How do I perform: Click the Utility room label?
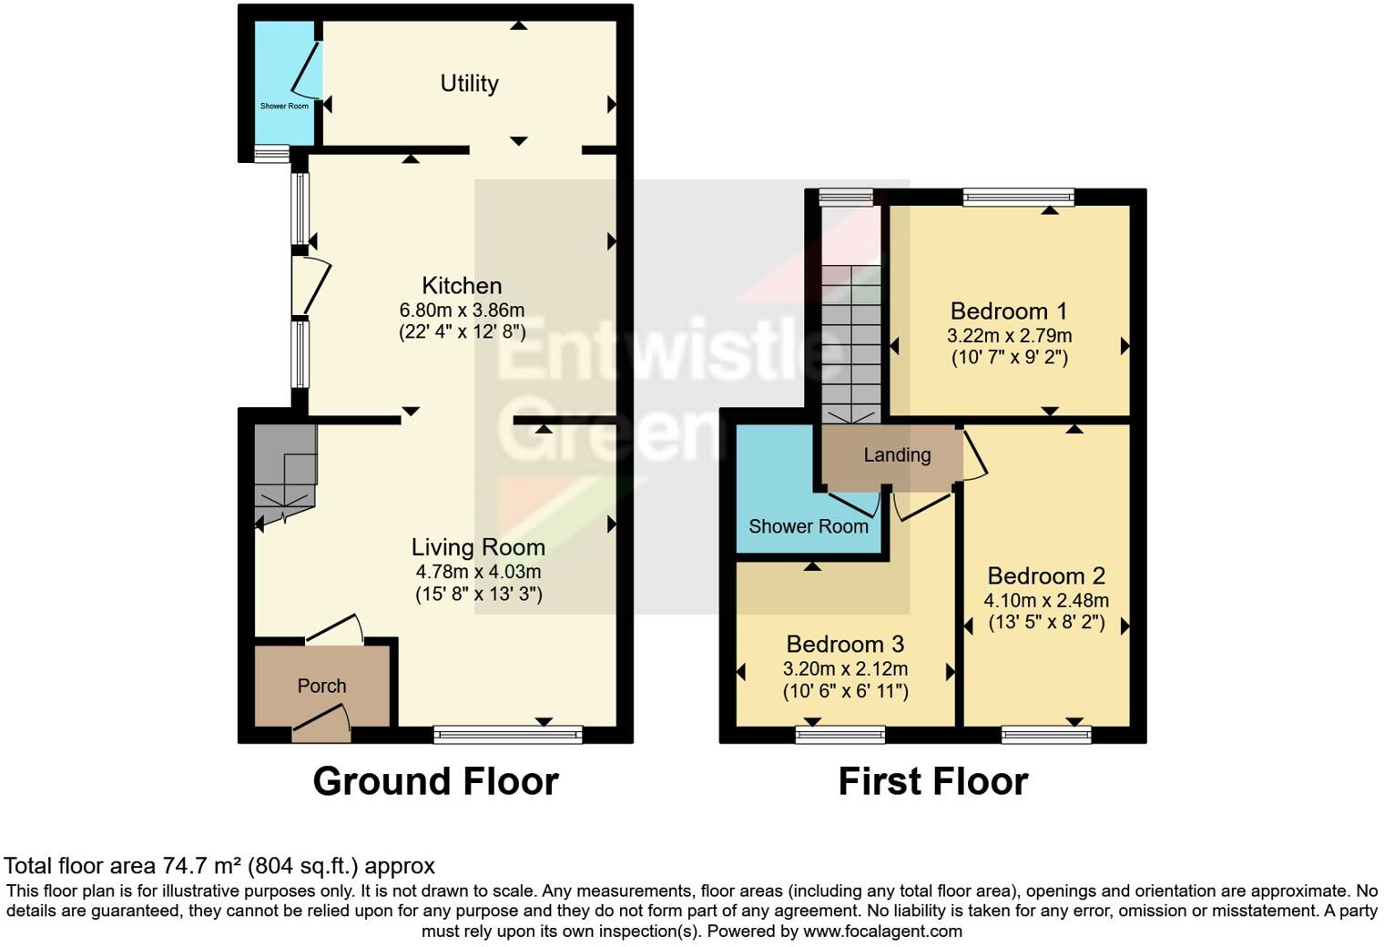pos(469,84)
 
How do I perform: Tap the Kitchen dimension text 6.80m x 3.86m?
pos(462,310)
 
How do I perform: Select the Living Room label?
pos(478,547)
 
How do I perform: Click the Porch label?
pos(321,686)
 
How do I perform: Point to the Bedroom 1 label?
pos(1009,311)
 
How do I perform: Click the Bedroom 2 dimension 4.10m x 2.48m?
pos(1046,600)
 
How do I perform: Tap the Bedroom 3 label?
pos(845,645)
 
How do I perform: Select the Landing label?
pos(897,455)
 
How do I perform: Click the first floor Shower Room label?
pos(808,526)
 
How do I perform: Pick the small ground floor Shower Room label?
pos(284,107)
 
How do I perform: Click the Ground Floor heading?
pos(435,781)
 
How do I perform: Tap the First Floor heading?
pos(932,781)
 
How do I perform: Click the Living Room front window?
pos(507,734)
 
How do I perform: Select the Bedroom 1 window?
pos(1018,197)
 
